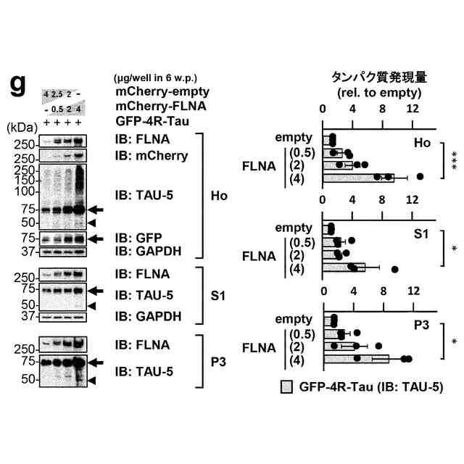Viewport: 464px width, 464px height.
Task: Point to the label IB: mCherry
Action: pyautogui.click(x=151, y=156)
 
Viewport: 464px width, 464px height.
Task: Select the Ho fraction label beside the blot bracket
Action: pyautogui.click(x=218, y=196)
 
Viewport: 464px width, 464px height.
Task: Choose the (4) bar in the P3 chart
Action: pyautogui.click(x=356, y=359)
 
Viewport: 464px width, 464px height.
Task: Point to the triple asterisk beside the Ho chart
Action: pyautogui.click(x=453, y=159)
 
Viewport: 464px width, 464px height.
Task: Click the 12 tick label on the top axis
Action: pyautogui.click(x=413, y=109)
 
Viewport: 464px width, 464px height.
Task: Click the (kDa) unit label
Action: pyautogui.click(x=21, y=125)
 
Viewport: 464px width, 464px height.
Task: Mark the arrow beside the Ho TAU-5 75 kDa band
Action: pyautogui.click(x=96, y=210)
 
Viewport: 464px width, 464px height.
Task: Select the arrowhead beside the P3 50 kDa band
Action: pyautogui.click(x=92, y=380)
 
